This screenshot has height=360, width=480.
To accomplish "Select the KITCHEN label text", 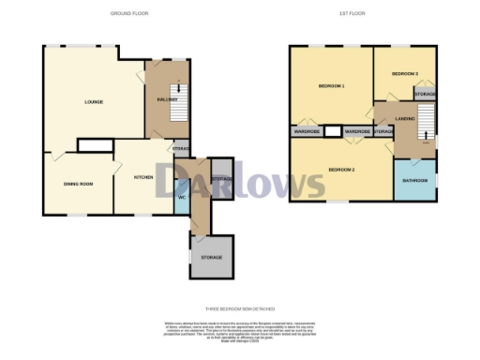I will pyautogui.click(x=143, y=175).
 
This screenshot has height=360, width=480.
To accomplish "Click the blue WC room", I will pyautogui.click(x=181, y=198).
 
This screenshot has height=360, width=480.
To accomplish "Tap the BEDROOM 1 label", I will pyautogui.click(x=332, y=86).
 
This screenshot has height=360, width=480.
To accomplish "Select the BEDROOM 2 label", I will pyautogui.click(x=341, y=170).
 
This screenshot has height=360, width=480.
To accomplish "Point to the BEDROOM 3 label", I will pyautogui.click(x=404, y=72).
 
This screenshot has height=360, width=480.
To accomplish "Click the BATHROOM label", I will pyautogui.click(x=415, y=179).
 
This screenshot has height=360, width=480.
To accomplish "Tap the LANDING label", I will pyautogui.click(x=405, y=118).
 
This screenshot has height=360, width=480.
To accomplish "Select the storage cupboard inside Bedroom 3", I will pyautogui.click(x=426, y=94).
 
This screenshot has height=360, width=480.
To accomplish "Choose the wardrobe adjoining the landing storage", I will pyautogui.click(x=357, y=132).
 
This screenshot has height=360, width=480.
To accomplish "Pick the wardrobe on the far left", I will pyautogui.click(x=307, y=132).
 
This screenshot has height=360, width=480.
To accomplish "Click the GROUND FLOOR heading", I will pyautogui.click(x=128, y=14).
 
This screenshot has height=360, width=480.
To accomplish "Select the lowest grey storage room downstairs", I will pyautogui.click(x=211, y=256).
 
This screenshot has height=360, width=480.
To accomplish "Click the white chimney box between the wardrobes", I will pyautogui.click(x=332, y=132).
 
